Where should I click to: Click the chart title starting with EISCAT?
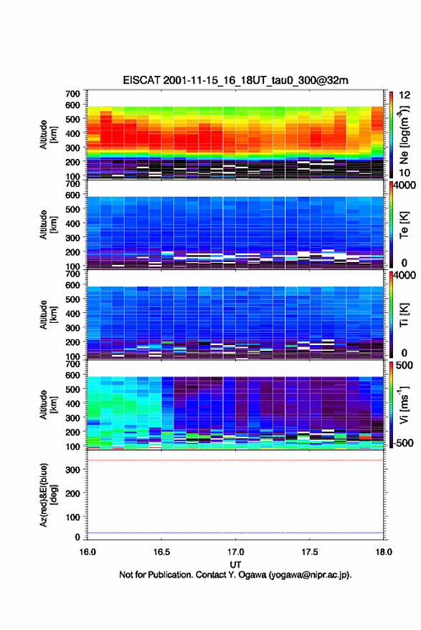pyautogui.click(x=235, y=80)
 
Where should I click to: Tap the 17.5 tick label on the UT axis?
pyautogui.click(x=310, y=552)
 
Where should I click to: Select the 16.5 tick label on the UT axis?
pyautogui.click(x=161, y=552)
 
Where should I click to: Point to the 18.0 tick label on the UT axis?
pyautogui.click(x=384, y=552)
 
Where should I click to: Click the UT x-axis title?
pyautogui.click(x=235, y=565)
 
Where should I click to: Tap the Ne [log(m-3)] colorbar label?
pyautogui.click(x=404, y=135)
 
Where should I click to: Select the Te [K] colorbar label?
pyautogui.click(x=404, y=225)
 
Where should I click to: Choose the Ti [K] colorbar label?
pyautogui.click(x=404, y=315)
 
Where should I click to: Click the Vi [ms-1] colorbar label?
pyautogui.click(x=404, y=405)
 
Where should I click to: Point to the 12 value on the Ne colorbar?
pyautogui.click(x=405, y=95)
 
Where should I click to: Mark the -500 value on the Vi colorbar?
pyautogui.click(x=404, y=442)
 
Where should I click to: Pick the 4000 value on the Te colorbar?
pyautogui.click(x=405, y=185)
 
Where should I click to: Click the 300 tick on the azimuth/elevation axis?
pyautogui.click(x=73, y=470)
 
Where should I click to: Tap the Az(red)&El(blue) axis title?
pyautogui.click(x=48, y=495)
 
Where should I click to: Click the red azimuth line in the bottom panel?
pyautogui.click(x=235, y=460)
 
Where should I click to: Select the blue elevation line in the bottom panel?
pyautogui.click(x=235, y=533)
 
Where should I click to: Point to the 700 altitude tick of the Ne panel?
pyautogui.click(x=73, y=94)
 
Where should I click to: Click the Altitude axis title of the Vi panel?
pyautogui.click(x=48, y=405)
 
